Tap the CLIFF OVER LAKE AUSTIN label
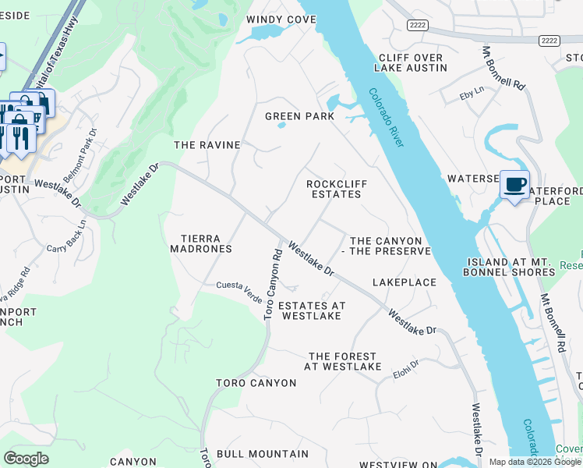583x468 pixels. coord(411,63)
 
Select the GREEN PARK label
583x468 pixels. coord(299,116)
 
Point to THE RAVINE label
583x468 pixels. coord(207,145)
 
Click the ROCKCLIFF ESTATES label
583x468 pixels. coord(337,190)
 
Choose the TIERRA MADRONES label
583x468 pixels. coord(201,243)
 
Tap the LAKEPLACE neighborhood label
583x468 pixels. coord(404,282)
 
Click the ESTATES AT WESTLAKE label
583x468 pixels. coord(311,310)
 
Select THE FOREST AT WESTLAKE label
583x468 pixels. coord(343,361)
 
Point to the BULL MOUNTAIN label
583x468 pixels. coord(263,453)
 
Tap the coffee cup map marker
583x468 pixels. coord(514,185)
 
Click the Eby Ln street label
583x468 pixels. coord(472,91)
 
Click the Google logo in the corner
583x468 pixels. coord(26,459)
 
